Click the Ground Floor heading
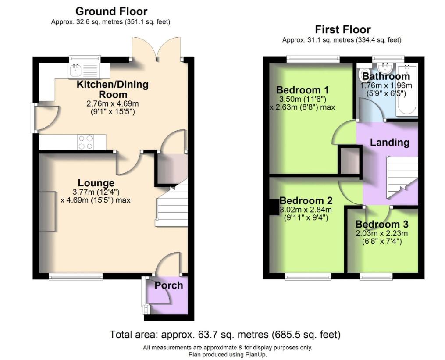(111, 11)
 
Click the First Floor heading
(342, 30)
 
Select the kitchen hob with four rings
(85, 142)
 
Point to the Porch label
(168, 285)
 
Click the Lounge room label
(96, 183)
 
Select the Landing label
(389, 142)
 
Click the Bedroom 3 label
(381, 224)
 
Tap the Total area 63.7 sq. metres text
(224, 335)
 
